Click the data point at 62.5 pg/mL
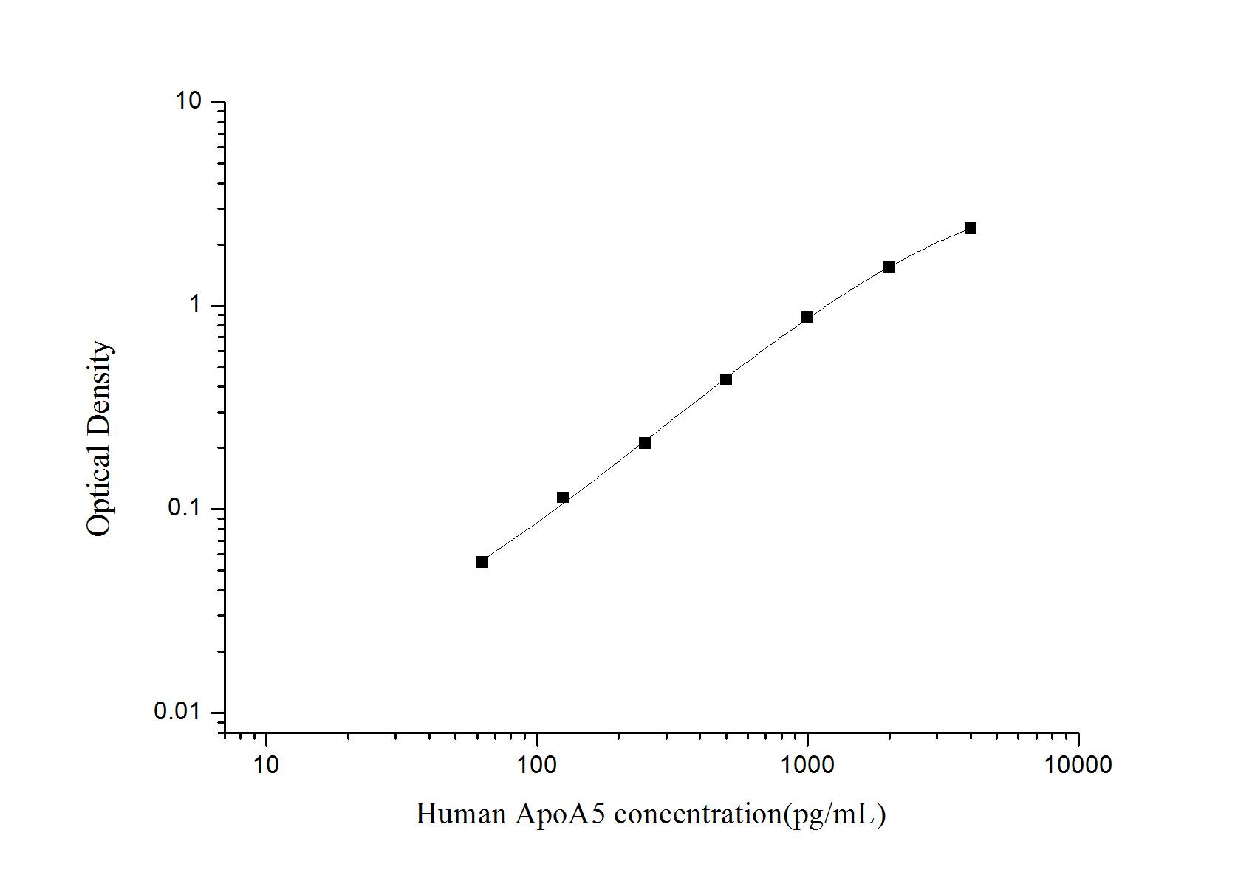coord(482,562)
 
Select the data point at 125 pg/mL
coord(563,498)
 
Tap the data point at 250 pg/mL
coord(645,443)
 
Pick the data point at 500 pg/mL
coord(726,380)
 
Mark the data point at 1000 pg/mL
coord(807,317)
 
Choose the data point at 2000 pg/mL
coord(889,267)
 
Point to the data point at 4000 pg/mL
coord(971,228)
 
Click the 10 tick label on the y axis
coord(188,101)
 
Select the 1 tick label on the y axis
coord(196,305)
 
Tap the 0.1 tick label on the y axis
coord(184,509)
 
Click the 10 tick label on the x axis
coord(266,765)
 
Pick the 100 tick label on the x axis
coord(537,765)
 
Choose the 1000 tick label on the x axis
coord(807,765)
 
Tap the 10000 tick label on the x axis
coord(1078,765)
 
